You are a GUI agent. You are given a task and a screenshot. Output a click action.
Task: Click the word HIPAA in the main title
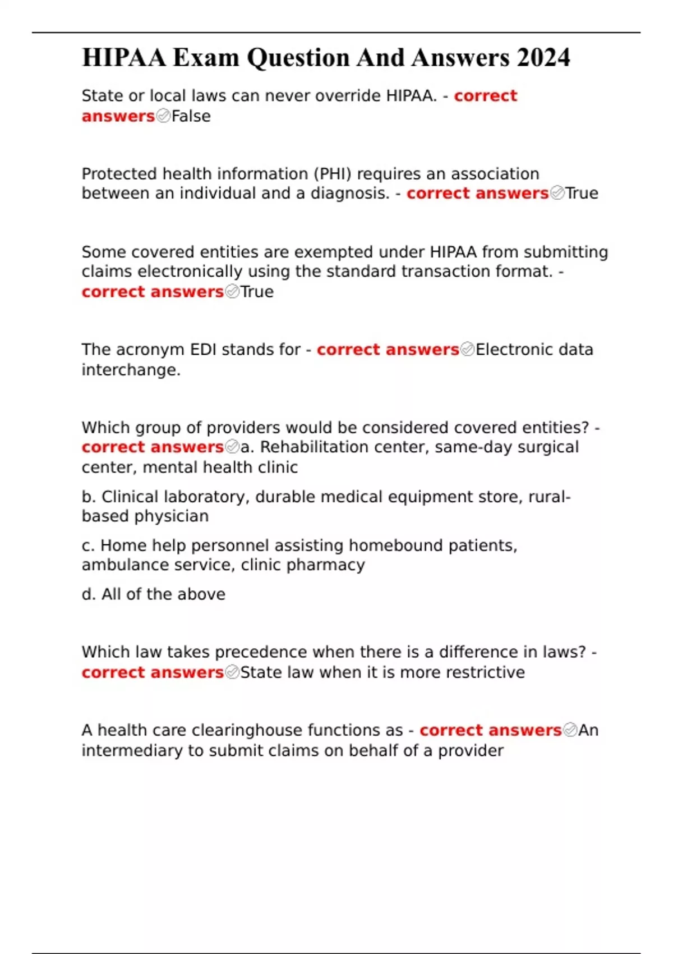coord(124,58)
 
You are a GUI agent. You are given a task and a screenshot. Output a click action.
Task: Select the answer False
coord(191,116)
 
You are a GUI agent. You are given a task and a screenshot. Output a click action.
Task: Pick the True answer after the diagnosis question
coord(582,194)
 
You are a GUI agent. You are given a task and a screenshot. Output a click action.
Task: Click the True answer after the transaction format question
coord(257,292)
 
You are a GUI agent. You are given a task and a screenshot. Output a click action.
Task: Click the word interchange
coord(131,370)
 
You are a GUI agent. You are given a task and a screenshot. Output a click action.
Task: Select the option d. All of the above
coord(153,594)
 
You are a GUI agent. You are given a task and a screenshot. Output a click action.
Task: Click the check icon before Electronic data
coord(467,350)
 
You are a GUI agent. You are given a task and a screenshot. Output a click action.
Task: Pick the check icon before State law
coord(232,672)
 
